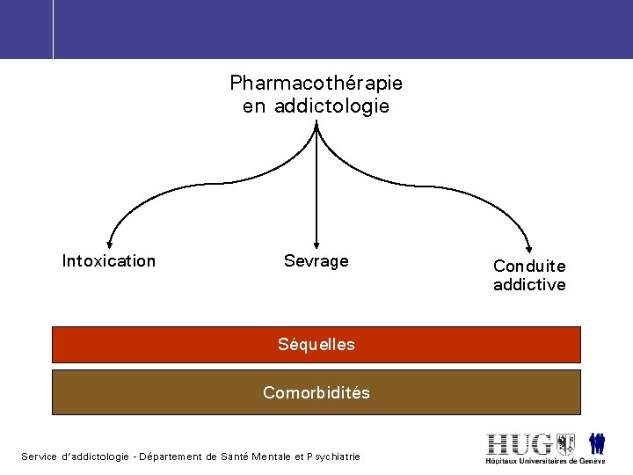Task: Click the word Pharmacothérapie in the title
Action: click(x=316, y=84)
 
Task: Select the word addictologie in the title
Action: click(x=331, y=107)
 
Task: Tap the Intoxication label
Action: click(x=109, y=261)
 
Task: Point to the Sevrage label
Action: click(x=316, y=261)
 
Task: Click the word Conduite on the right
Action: click(x=529, y=266)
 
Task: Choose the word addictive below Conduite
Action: click(x=529, y=285)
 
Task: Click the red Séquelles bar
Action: click(x=316, y=345)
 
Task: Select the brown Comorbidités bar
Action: click(x=316, y=392)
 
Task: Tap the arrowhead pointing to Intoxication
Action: click(x=109, y=245)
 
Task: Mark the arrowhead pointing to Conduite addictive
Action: click(x=529, y=247)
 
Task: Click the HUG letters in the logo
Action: click(x=520, y=443)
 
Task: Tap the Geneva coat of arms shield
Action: click(x=565, y=443)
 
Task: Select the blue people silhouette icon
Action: click(x=597, y=443)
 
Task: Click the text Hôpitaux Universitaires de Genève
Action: click(x=545, y=461)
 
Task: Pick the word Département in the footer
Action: click(x=171, y=457)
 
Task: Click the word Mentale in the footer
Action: click(x=272, y=457)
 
